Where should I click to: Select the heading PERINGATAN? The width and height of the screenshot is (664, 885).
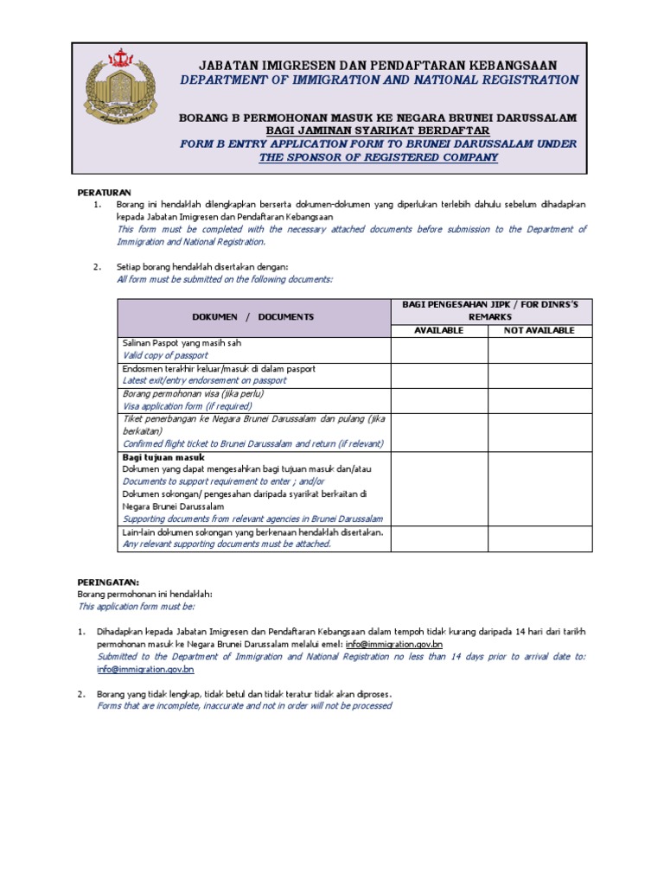click(108, 583)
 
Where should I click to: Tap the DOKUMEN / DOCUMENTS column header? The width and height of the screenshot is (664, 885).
click(253, 317)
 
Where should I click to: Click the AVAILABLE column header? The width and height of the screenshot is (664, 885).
click(438, 330)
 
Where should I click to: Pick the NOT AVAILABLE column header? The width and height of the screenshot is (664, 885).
click(539, 330)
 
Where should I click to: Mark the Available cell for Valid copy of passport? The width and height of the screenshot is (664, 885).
click(438, 349)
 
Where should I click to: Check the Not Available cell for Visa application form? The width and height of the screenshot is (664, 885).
click(539, 399)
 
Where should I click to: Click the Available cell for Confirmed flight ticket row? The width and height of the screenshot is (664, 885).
click(438, 430)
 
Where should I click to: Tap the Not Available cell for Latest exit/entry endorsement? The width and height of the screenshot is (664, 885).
click(539, 374)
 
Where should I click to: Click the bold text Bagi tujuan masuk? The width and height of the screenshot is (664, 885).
click(163, 456)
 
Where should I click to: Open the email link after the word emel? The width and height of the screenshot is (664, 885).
click(393, 645)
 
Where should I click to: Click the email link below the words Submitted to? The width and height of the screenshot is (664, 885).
click(144, 669)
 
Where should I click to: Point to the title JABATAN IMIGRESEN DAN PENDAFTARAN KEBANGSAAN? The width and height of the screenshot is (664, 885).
click(378, 66)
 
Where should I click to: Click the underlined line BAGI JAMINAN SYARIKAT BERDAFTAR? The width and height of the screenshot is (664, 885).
click(378, 131)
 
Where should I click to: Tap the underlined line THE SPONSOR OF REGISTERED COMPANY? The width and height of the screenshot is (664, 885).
click(378, 157)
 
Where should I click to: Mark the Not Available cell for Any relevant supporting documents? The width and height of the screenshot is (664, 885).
click(539, 538)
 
